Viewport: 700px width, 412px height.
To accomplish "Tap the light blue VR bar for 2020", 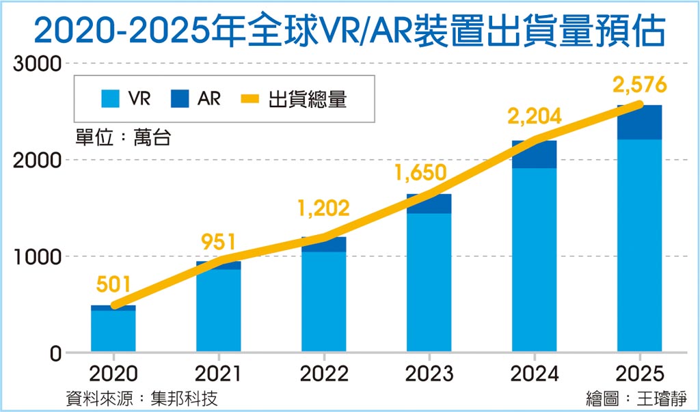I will (x=113, y=331).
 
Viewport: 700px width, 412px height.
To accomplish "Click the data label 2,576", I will (x=639, y=85).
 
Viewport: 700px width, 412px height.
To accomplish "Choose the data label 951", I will (x=218, y=242).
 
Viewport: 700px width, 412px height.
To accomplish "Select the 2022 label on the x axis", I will (x=323, y=373).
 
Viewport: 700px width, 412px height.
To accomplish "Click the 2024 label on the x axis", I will (x=534, y=373).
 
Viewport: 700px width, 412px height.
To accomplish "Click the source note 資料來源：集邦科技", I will (x=143, y=398).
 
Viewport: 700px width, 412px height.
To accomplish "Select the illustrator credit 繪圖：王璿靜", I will (x=636, y=398).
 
